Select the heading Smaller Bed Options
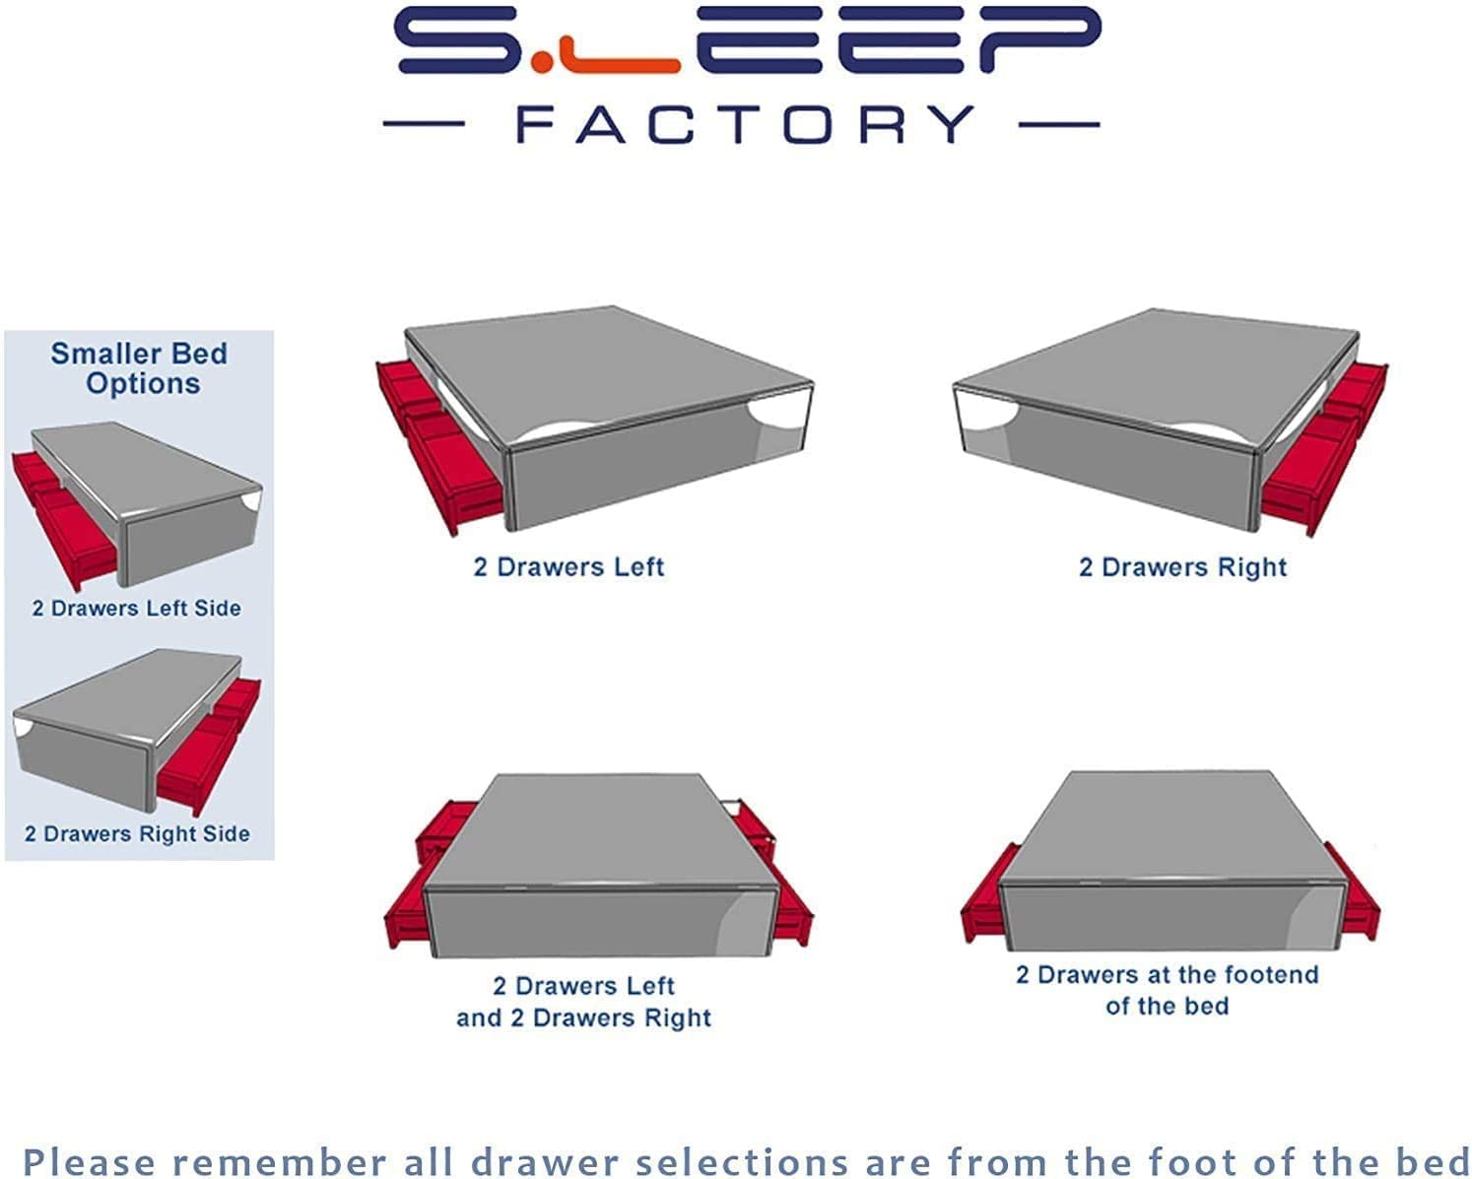140,368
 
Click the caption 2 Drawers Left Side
136,608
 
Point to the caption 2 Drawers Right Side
137,833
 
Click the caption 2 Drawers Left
569,567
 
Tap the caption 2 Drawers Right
1182,567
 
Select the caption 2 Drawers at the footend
1167,974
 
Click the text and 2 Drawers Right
583,1017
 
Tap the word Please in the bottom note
89,1162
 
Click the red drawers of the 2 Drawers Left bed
437,444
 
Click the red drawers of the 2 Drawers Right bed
1323,451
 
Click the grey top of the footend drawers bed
1170,827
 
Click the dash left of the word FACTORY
424,124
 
